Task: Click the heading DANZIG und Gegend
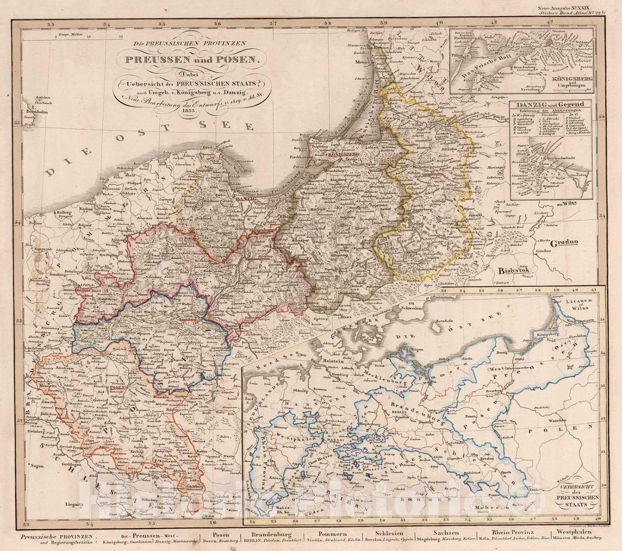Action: click(550, 105)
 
